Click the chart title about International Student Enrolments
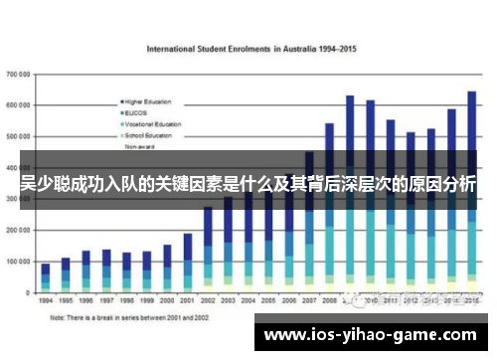tap(252, 48)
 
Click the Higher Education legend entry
tap(148, 101)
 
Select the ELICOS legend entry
tap(138, 112)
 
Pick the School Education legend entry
tap(149, 134)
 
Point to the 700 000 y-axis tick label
tap(18, 75)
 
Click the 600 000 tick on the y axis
tap(18, 105)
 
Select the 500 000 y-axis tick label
tap(18, 136)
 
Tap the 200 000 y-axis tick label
tap(18, 229)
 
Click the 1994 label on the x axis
tap(46, 298)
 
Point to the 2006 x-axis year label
tap(288, 298)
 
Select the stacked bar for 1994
tap(46, 277)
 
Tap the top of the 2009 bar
tap(350, 97)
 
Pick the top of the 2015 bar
tap(472, 93)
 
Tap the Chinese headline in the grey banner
tap(248, 186)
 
